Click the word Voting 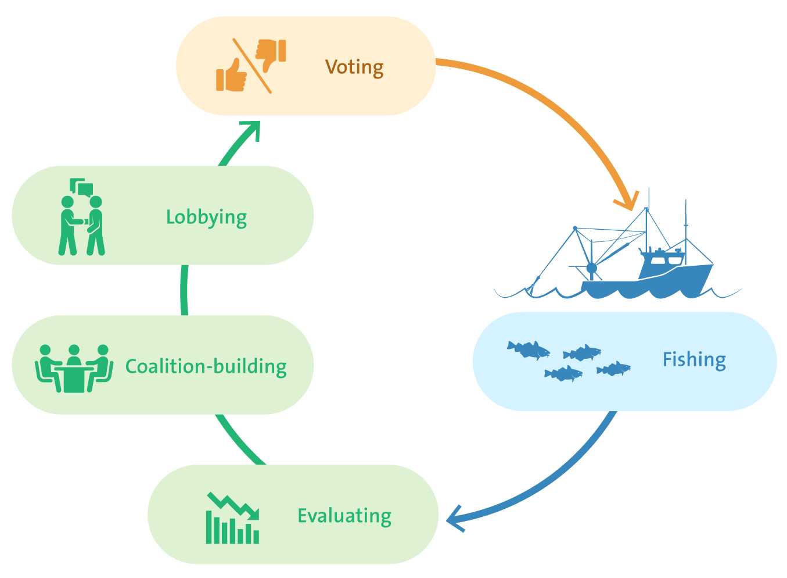tap(354, 67)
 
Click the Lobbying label tap(206, 217)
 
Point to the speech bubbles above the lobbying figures tap(81, 187)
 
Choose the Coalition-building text tap(206, 366)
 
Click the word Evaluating tap(344, 516)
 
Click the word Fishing tap(694, 360)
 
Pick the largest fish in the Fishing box tap(529, 350)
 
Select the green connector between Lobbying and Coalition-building tap(185, 290)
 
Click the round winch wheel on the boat tap(591, 268)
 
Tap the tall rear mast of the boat tap(686, 224)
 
